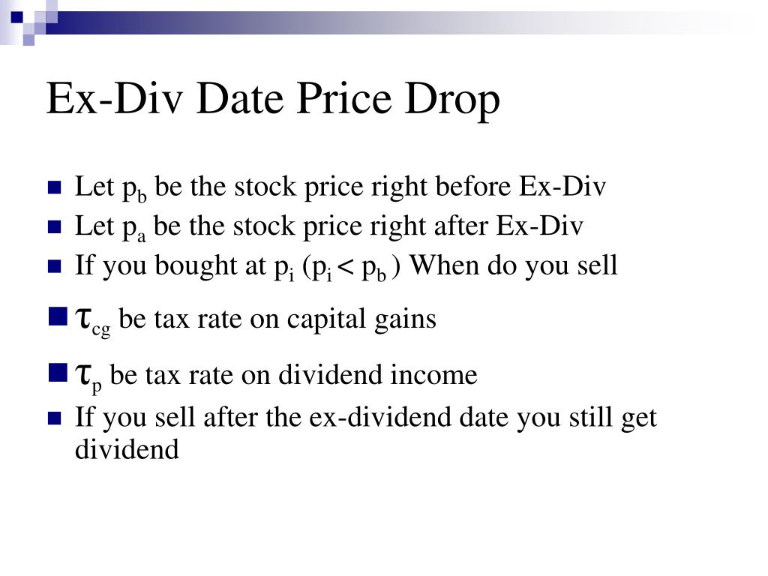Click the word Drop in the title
click(454, 99)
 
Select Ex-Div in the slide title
click(114, 99)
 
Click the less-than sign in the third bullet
click(346, 265)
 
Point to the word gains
click(406, 319)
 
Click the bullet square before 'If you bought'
click(53, 266)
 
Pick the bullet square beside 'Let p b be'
click(53, 188)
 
